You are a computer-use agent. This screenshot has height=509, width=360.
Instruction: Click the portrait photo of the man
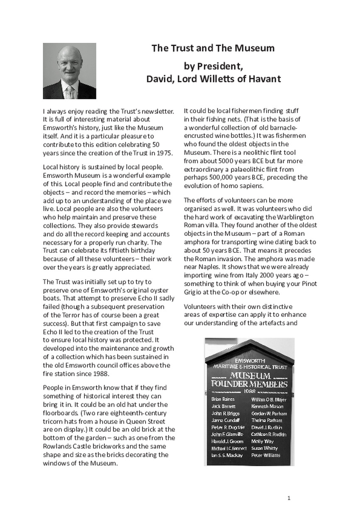click(69, 71)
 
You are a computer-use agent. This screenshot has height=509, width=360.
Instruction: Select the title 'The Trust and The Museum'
click(213, 48)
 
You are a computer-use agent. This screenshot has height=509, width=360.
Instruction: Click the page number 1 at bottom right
click(289, 498)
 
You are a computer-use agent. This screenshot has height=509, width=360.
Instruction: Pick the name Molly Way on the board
click(263, 441)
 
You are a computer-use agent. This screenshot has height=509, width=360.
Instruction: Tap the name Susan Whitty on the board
click(264, 448)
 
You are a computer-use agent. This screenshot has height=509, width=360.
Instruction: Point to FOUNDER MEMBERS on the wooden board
click(249, 384)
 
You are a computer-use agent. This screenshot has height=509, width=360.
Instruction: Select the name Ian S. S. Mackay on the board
click(227, 455)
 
